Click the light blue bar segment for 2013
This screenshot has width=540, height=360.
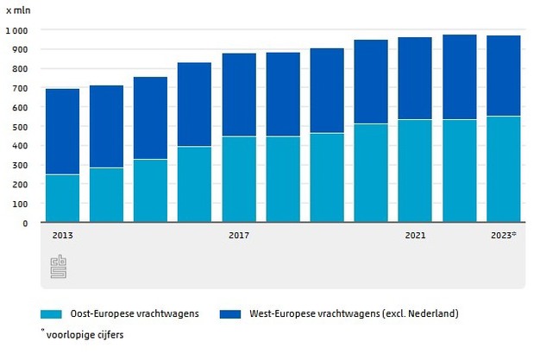[62, 199]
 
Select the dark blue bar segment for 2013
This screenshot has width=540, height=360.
[62, 131]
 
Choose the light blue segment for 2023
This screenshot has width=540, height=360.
[503, 169]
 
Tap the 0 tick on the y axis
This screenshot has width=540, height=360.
[25, 223]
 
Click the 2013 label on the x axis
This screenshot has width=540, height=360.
[62, 235]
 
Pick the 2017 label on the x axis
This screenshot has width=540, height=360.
[239, 235]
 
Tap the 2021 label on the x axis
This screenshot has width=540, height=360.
[415, 235]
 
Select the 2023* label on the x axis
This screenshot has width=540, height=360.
[503, 235]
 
